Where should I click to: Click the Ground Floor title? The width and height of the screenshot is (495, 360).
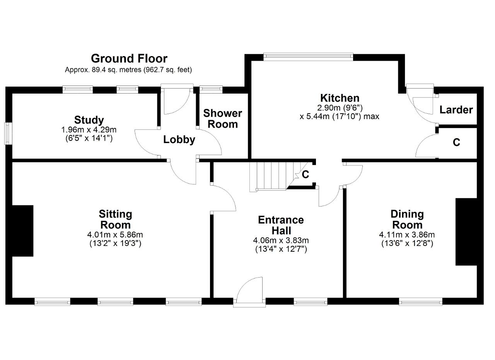[x=129, y=59]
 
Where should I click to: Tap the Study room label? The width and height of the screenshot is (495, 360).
[x=89, y=120]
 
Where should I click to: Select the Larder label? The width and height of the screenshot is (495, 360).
[x=456, y=110]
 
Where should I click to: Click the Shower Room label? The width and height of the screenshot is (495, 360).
[x=222, y=119]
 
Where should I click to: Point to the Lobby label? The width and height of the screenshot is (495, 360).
[x=179, y=140]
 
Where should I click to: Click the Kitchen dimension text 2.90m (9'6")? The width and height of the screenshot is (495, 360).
[x=340, y=108]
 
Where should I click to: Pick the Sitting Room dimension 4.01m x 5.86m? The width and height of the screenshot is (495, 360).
[x=115, y=234]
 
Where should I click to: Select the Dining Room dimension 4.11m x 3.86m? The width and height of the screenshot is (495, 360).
[x=407, y=234]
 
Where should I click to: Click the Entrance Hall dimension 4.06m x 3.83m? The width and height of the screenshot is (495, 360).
[x=281, y=240]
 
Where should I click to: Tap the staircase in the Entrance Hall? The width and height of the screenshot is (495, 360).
[x=279, y=176]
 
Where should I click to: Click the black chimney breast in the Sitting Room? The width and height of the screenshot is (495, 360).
[x=22, y=231]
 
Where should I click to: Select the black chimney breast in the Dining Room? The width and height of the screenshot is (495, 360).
[x=466, y=232]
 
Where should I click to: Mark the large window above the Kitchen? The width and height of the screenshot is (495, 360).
[x=308, y=56]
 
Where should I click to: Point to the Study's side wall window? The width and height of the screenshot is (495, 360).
[x=8, y=133]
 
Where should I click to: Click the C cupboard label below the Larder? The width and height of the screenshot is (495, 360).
[x=456, y=142]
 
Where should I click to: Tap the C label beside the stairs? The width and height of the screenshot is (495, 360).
[x=305, y=174]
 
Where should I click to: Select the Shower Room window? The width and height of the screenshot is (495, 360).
[x=211, y=89]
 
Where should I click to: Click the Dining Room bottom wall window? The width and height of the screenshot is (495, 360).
[x=420, y=302]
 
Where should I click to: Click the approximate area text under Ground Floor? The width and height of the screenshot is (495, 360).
[x=128, y=70]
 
